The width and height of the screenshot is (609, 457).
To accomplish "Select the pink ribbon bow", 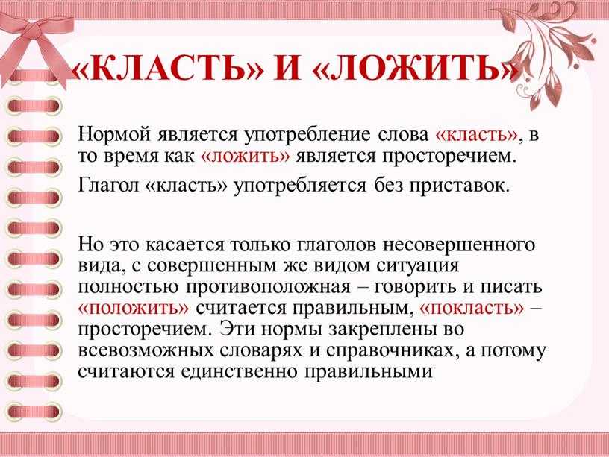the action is point(37,43).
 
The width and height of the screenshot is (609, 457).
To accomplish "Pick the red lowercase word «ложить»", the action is point(246,156).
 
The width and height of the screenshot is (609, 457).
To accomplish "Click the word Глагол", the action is point(108,185).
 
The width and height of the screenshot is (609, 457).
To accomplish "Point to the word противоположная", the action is point(269,288).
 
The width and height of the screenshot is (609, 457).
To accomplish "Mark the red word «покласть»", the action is point(472,309).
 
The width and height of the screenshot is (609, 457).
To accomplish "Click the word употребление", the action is point(307,136).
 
